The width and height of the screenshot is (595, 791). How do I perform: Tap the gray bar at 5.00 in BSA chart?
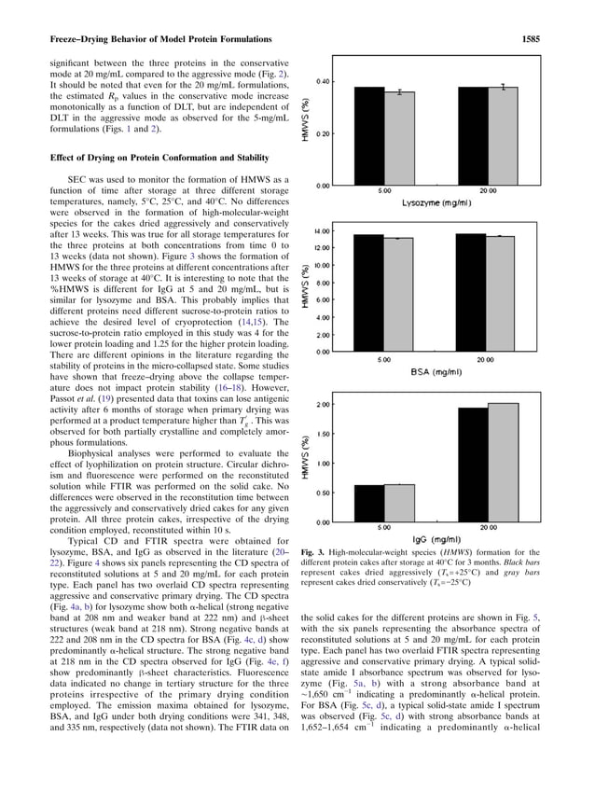(x=400, y=295)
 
